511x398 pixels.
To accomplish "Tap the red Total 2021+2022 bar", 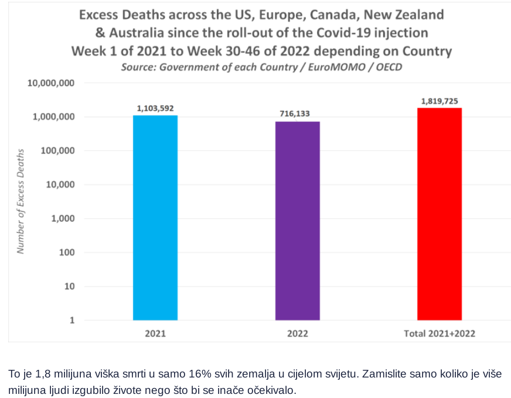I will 440,214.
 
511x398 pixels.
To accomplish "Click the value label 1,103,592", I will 155,108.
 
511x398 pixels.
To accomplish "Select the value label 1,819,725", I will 440,101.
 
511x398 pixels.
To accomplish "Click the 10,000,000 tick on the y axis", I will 51,83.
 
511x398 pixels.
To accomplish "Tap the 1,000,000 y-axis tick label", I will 53,117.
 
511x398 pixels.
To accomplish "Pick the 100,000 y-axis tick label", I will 57,151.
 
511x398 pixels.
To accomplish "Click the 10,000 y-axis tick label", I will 60,185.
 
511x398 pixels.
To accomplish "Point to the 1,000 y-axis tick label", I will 62,219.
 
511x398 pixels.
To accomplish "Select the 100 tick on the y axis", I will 67,253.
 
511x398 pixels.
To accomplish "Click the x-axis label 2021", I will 155,334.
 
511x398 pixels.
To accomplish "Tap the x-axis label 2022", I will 298,334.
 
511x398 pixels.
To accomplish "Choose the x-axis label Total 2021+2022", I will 440,334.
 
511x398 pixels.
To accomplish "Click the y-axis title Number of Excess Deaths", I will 21,201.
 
